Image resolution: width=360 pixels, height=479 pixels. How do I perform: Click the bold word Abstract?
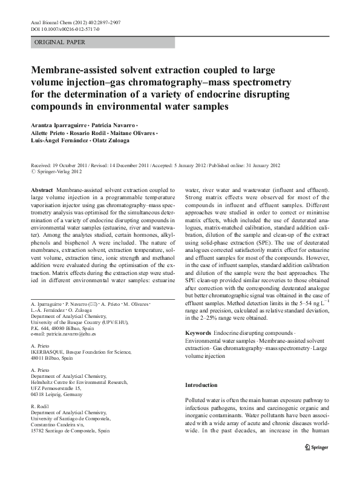(x=41, y=190)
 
